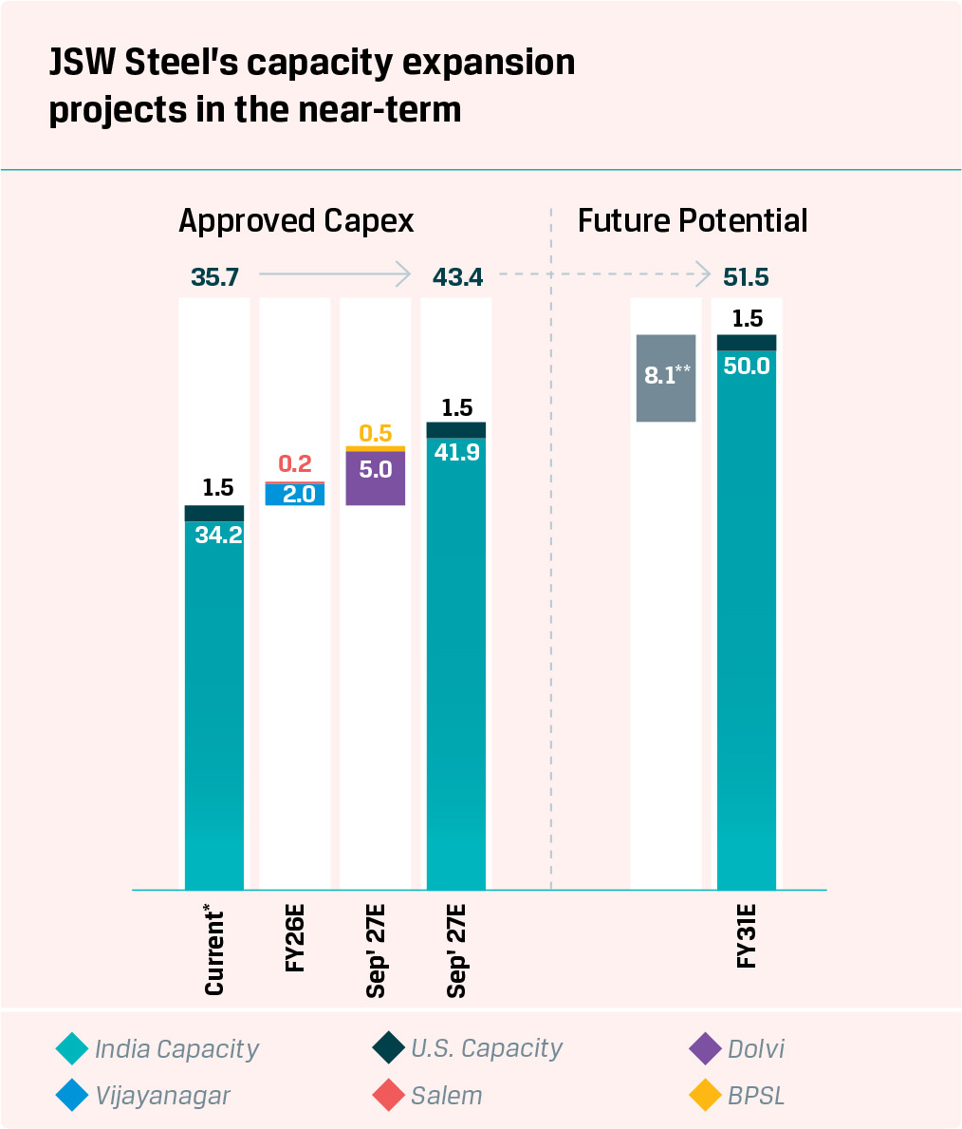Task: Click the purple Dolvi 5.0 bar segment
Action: (376, 478)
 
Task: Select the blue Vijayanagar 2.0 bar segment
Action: (294, 495)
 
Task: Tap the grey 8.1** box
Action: (666, 377)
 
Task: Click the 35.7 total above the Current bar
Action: (214, 277)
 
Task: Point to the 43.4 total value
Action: (457, 277)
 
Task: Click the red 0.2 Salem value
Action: (295, 464)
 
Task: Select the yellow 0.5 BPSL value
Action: (376, 434)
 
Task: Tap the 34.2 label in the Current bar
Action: (218, 535)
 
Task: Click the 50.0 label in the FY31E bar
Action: (747, 366)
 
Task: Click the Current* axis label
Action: (215, 953)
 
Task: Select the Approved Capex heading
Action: (296, 221)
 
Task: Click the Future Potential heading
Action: (693, 221)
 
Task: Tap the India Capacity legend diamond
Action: (72, 1049)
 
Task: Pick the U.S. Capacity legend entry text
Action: (486, 1049)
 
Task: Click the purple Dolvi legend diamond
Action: (705, 1049)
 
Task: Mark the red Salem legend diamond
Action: (389, 1096)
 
